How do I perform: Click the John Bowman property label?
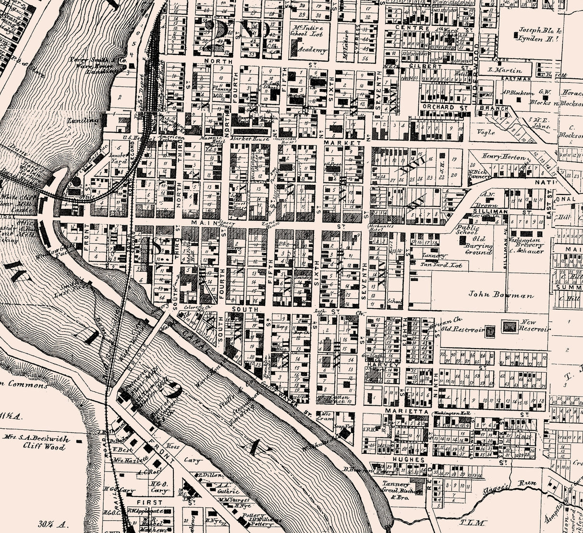click(501, 295)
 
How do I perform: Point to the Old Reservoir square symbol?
click(490, 330)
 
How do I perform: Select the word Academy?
click(312, 50)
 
